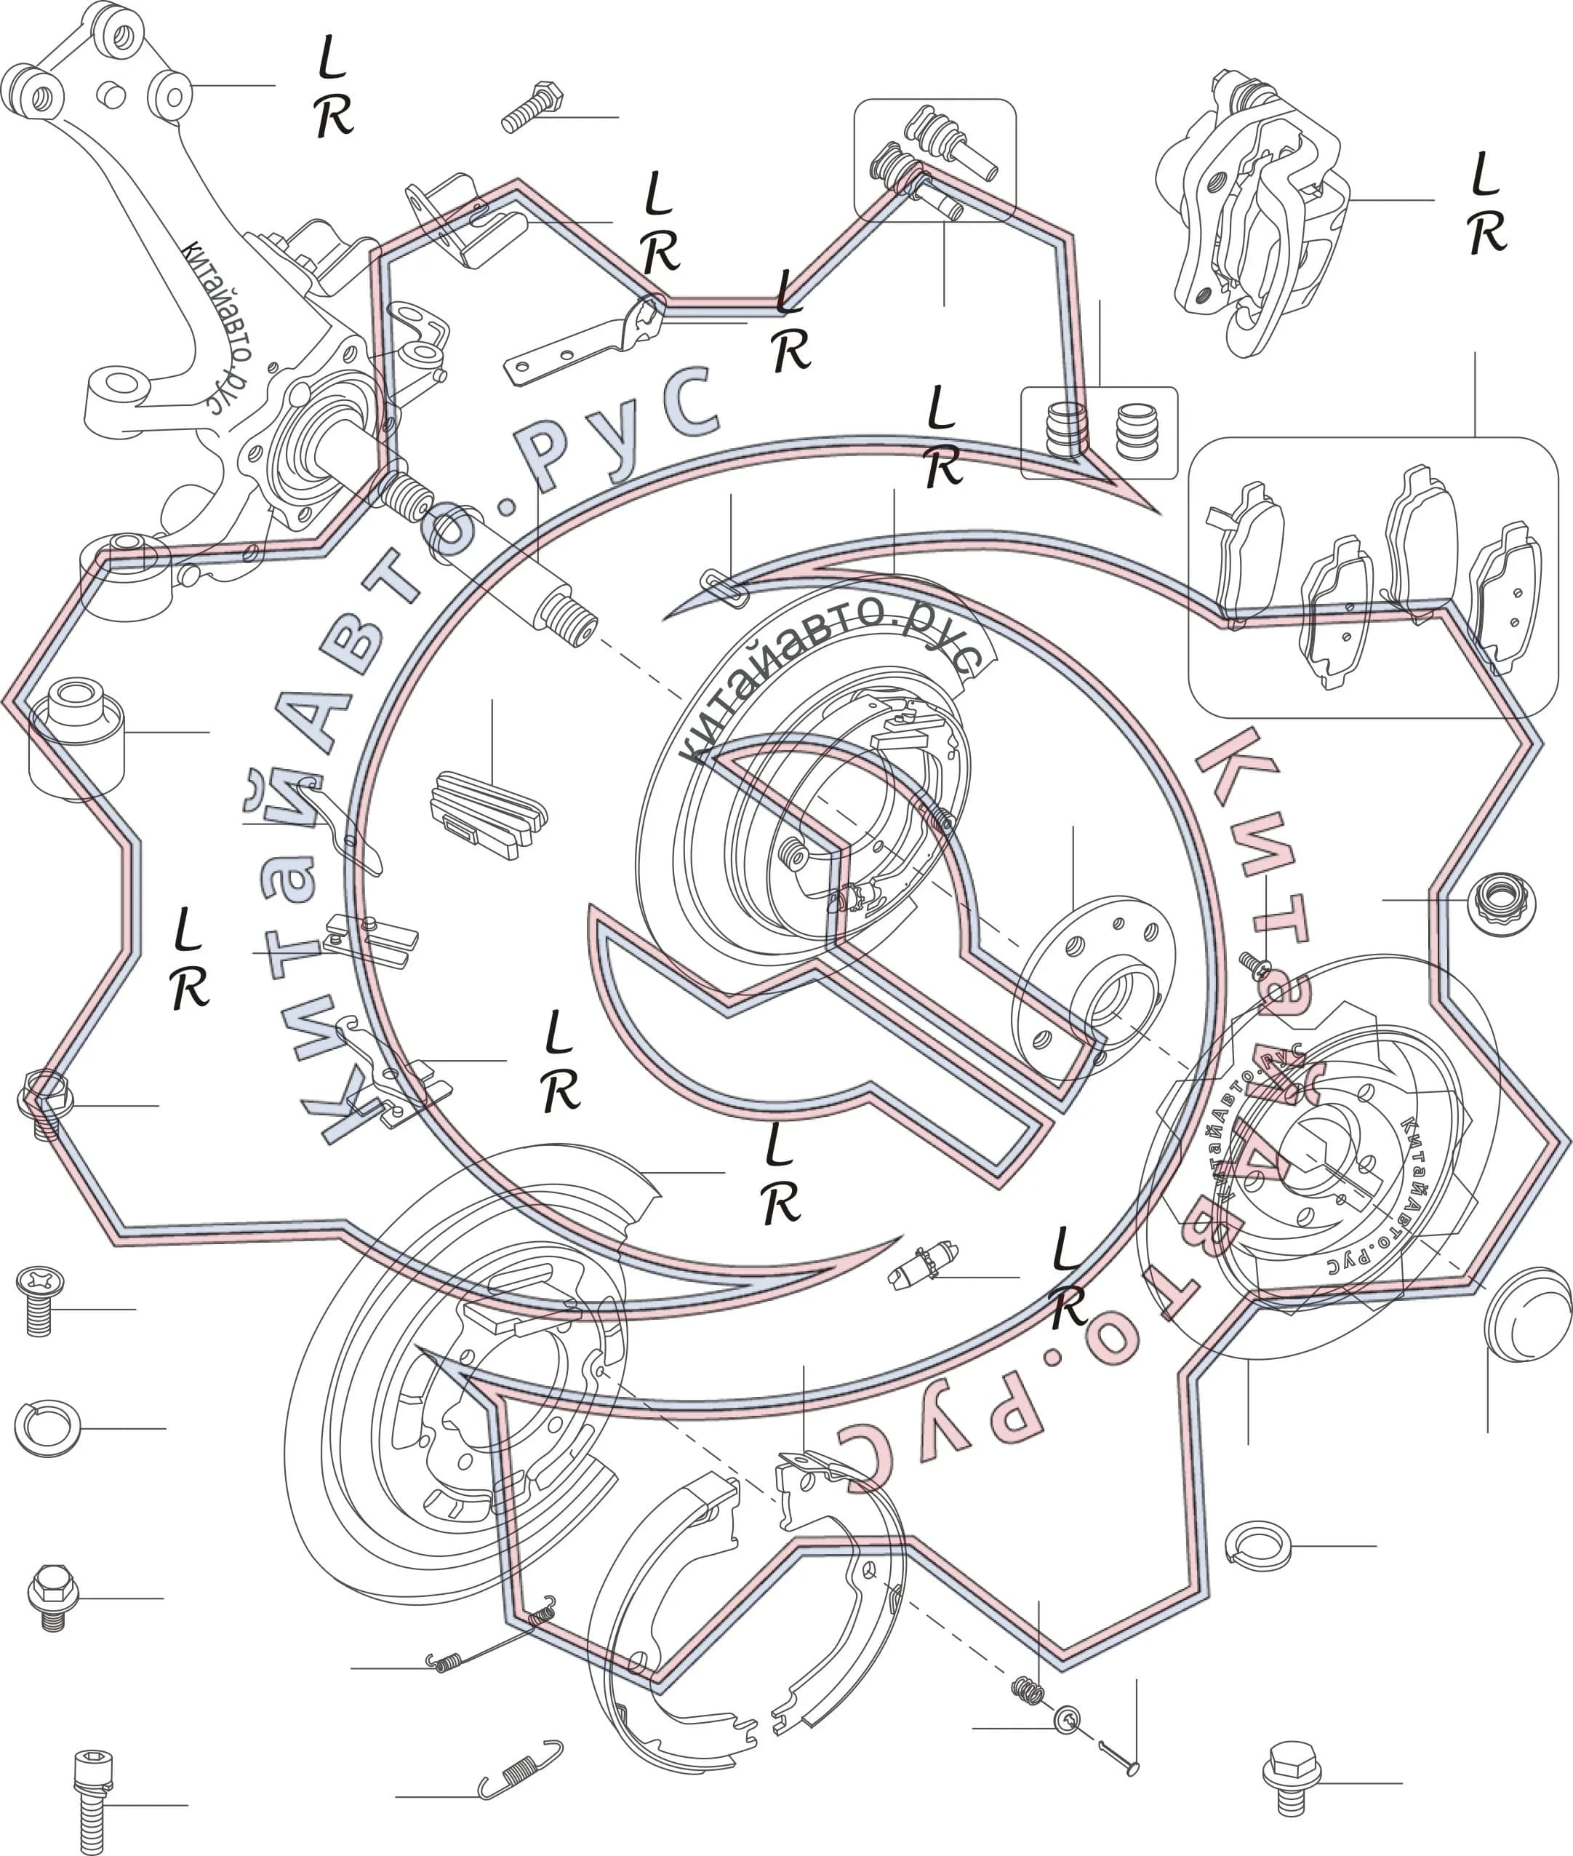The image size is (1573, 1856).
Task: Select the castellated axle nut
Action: click(x=1502, y=904)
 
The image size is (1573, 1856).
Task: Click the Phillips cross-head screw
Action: click(x=39, y=1300)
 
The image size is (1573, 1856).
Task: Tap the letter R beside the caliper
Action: click(x=1486, y=233)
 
